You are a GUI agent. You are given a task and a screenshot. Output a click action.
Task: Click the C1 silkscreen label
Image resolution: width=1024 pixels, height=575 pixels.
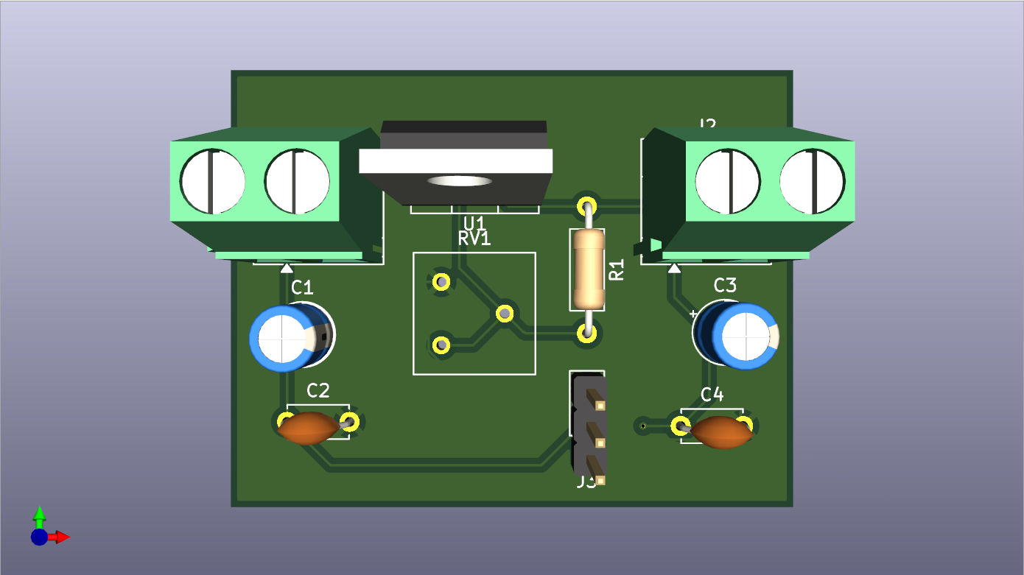coord(302,287)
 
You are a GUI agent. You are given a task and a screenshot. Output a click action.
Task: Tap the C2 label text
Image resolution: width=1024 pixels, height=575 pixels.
coord(318,390)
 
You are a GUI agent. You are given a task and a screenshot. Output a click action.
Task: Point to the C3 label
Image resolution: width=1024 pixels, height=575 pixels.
coord(725,285)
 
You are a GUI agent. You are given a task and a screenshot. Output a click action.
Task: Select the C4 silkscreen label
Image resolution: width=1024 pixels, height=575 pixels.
coord(712,395)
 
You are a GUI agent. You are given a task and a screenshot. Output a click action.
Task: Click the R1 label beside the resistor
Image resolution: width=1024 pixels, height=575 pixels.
coord(617,269)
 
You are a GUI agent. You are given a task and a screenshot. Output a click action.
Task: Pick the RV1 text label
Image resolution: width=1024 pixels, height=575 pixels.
coord(474,239)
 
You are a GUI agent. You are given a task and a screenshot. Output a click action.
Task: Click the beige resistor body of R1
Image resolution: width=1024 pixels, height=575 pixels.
coord(588,269)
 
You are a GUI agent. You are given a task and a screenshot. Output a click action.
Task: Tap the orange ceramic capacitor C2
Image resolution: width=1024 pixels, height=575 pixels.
coord(309,428)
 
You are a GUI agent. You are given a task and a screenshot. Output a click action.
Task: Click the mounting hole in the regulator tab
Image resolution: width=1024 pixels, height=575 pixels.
coord(459,180)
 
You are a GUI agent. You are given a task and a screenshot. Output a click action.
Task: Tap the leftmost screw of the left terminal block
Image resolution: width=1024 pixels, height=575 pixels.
coord(213,180)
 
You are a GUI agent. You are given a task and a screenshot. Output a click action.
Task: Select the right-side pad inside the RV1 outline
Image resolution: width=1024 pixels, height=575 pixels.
coord(505,314)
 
